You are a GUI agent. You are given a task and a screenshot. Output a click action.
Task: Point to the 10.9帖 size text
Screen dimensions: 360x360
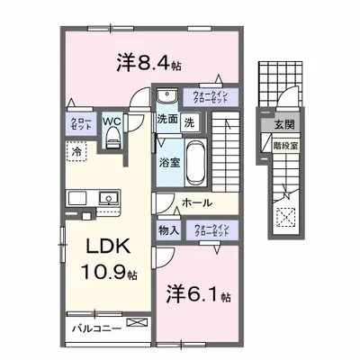pos(106,272)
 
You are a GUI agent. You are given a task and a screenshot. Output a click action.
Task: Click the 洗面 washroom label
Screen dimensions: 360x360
pos(166,121)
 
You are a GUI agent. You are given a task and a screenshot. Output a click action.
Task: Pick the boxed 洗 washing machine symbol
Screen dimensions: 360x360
pos(189,121)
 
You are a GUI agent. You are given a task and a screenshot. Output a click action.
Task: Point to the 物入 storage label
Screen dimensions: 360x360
pos(167,230)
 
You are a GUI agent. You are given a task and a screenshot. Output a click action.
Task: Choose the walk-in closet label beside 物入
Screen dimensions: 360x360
pos(210,230)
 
